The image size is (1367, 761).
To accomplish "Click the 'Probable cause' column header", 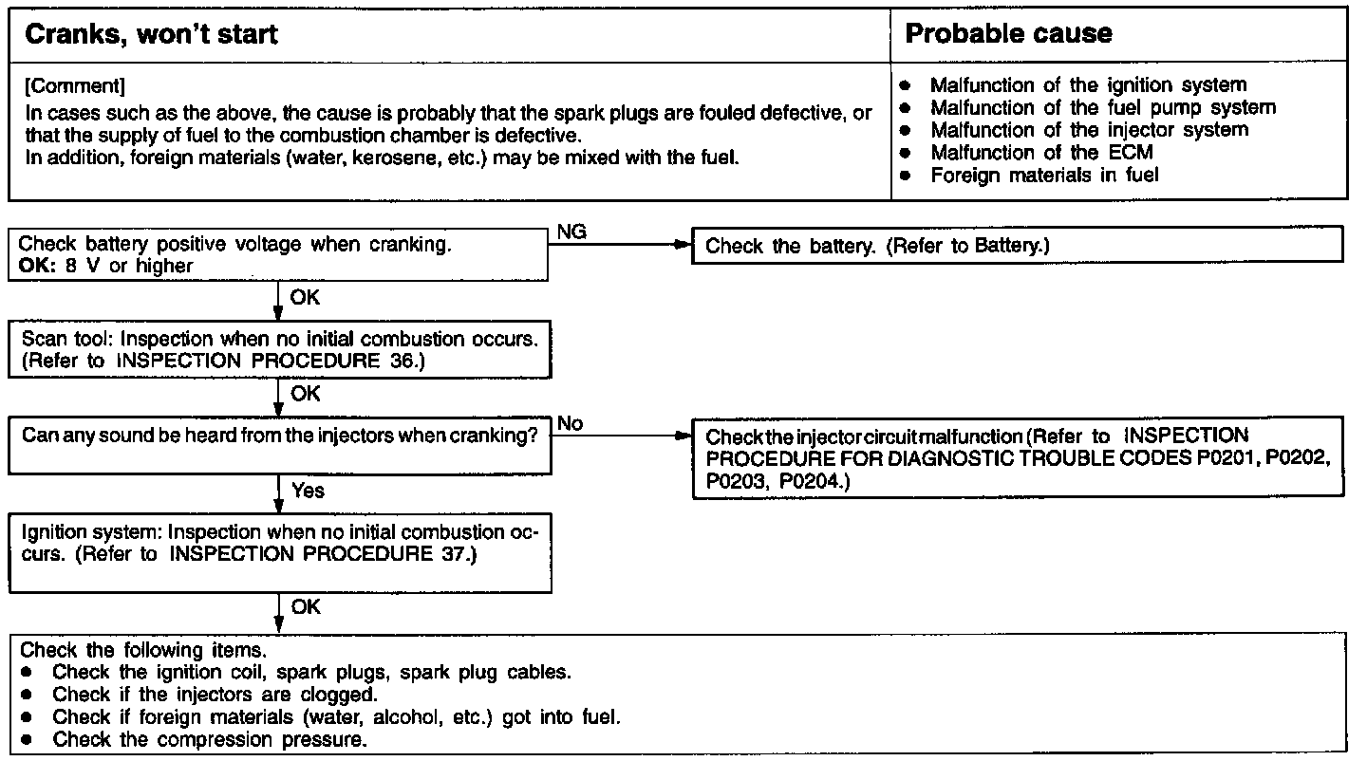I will [x=1008, y=35].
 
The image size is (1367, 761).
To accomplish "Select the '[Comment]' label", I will [x=74, y=86].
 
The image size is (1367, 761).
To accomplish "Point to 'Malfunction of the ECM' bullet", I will [x=1041, y=152].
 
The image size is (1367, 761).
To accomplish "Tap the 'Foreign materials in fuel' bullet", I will [x=1044, y=175].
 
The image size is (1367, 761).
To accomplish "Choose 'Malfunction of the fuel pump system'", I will [x=1102, y=107].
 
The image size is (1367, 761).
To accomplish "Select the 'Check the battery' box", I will [x=1018, y=247].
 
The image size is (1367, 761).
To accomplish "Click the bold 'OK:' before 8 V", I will [x=36, y=267].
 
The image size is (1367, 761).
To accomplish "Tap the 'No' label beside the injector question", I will [x=570, y=423].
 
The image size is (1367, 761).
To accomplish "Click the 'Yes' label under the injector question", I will [x=308, y=491].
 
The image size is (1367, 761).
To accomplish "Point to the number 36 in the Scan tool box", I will [x=404, y=362].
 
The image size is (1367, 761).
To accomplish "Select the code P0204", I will [x=810, y=482].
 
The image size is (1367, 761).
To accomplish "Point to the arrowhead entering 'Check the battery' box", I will [x=679, y=245].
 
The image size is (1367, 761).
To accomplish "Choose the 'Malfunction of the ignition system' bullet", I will [x=1088, y=85].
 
